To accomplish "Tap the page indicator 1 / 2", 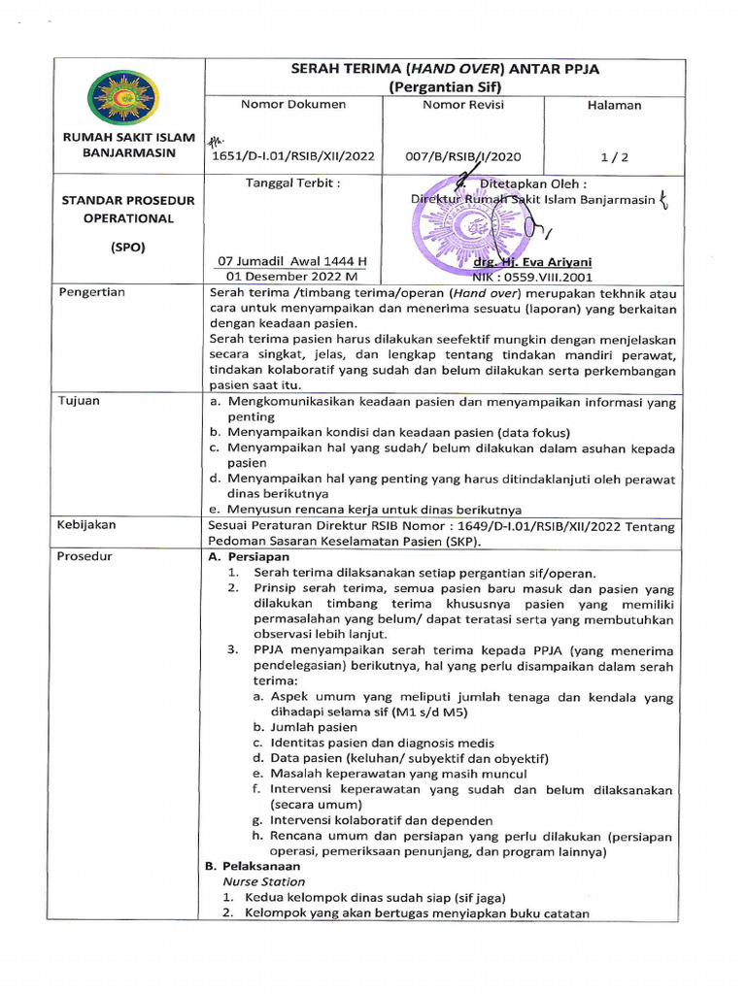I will pyautogui.click(x=614, y=155).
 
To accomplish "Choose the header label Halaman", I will pyautogui.click(x=614, y=105).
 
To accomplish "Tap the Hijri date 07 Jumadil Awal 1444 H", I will pyautogui.click(x=291, y=261).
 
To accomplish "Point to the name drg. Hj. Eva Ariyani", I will pyautogui.click(x=531, y=262).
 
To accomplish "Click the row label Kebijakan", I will pyautogui.click(x=87, y=524).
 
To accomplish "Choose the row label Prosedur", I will pyautogui.click(x=85, y=556).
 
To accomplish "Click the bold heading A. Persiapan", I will pyautogui.click(x=250, y=557).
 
